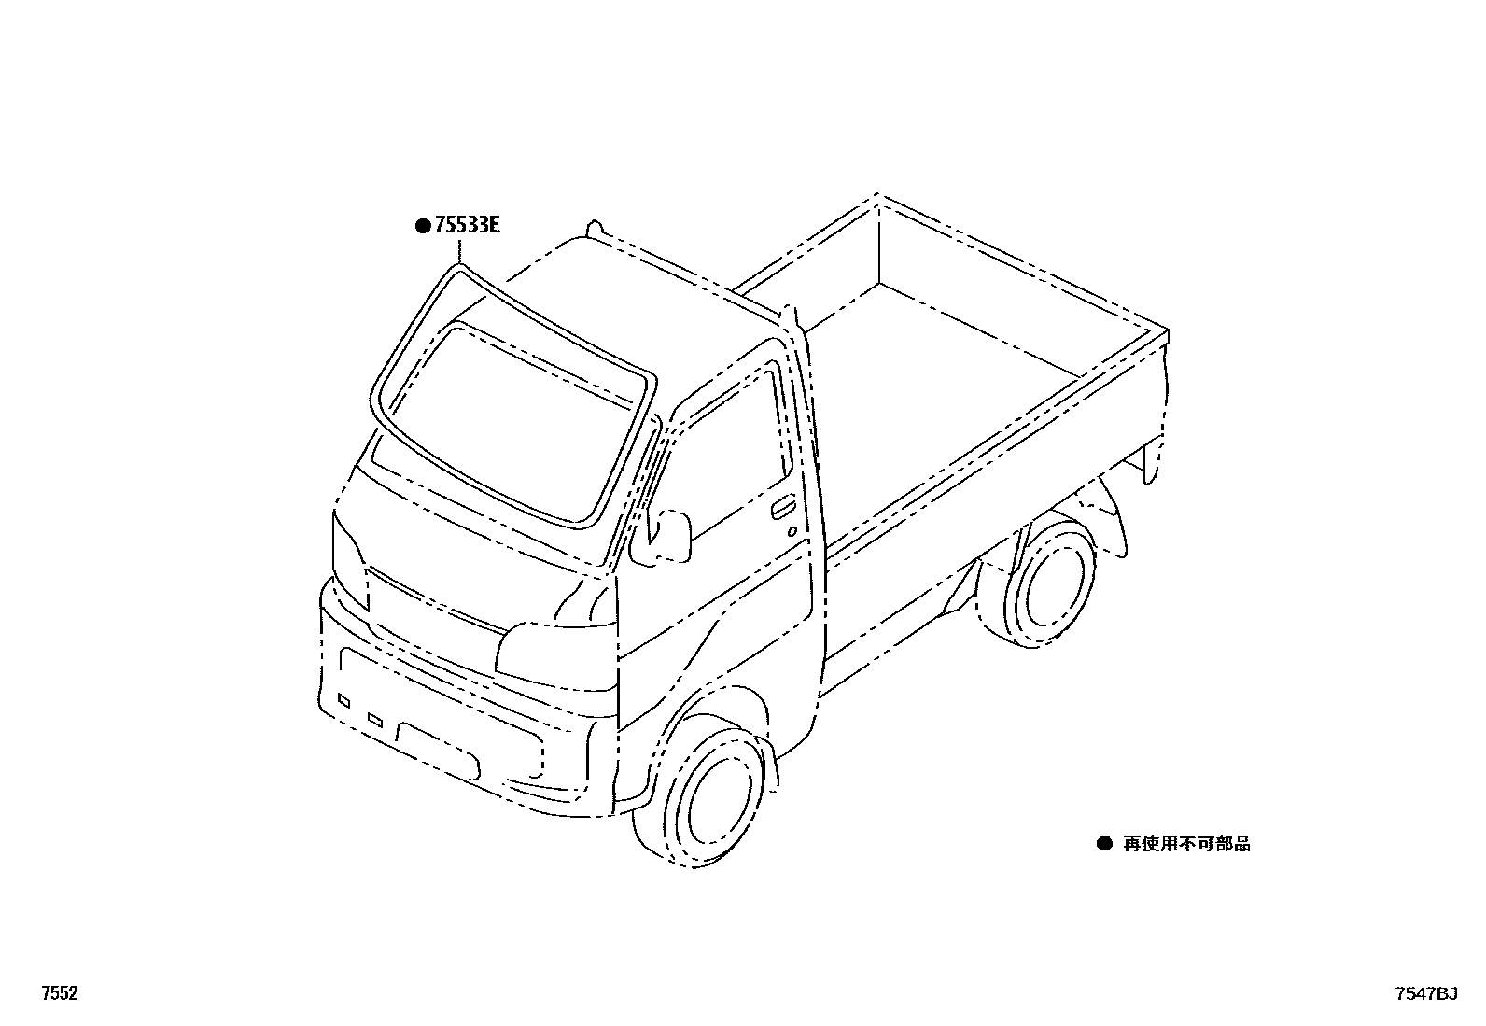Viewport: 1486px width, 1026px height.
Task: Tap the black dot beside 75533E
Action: click(x=423, y=225)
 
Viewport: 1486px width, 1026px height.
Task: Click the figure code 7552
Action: click(x=59, y=994)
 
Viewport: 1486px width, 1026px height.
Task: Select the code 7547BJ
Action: click(x=1425, y=994)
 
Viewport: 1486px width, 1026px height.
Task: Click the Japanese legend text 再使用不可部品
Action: click(x=1185, y=844)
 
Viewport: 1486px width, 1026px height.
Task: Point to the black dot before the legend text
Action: click(x=1104, y=844)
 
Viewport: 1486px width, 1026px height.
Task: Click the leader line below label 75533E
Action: click(x=459, y=250)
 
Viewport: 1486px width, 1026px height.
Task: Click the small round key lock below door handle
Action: click(x=792, y=531)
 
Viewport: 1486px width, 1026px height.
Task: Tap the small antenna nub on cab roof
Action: click(x=593, y=228)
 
